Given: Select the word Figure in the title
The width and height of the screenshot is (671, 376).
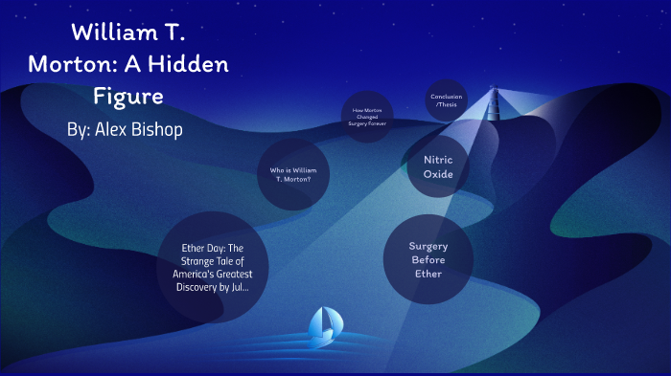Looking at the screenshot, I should (x=128, y=97).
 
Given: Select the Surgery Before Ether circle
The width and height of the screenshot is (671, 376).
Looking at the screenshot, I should (x=428, y=259).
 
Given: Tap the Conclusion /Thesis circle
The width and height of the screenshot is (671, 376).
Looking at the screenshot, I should (x=447, y=100).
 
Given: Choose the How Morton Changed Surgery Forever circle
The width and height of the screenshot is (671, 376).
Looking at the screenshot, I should (x=367, y=117).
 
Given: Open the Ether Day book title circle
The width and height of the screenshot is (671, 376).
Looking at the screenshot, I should (x=213, y=266).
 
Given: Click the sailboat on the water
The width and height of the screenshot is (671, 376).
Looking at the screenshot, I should (x=323, y=324).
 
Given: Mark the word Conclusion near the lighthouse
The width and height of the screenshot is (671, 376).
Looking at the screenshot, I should (x=447, y=97).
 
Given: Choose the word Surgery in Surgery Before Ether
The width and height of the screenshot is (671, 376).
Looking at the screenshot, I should (x=428, y=246).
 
